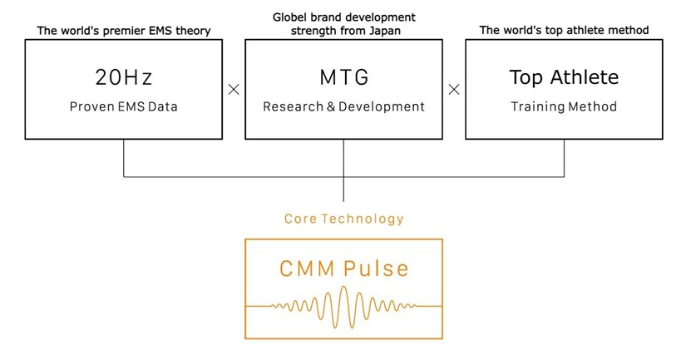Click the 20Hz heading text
[123, 77]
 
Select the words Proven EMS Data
[123, 106]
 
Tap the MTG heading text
[343, 77]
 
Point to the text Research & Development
[343, 106]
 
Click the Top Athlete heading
[564, 77]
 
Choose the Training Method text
[564, 106]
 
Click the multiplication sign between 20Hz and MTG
[234, 90]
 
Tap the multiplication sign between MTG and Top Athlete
[454, 90]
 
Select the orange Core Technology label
[343, 219]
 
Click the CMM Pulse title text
[343, 269]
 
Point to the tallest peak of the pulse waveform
[343, 288]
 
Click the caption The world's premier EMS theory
[124, 31]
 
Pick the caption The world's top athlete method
[564, 31]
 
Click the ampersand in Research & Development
[331, 106]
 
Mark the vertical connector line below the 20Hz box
[123, 158]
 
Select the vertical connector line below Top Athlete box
[564, 158]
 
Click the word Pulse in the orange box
[376, 269]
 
